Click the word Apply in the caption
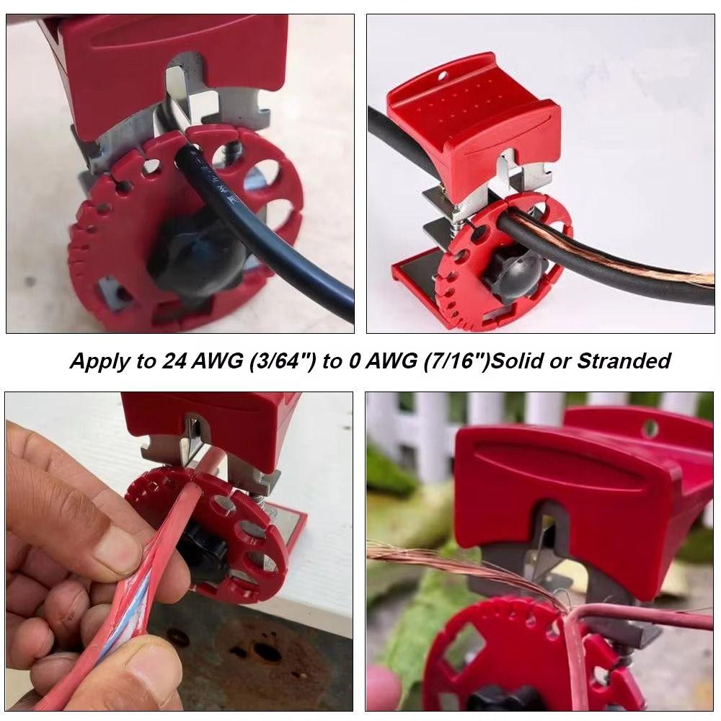pos(97,361)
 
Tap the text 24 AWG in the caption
pos(191,361)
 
